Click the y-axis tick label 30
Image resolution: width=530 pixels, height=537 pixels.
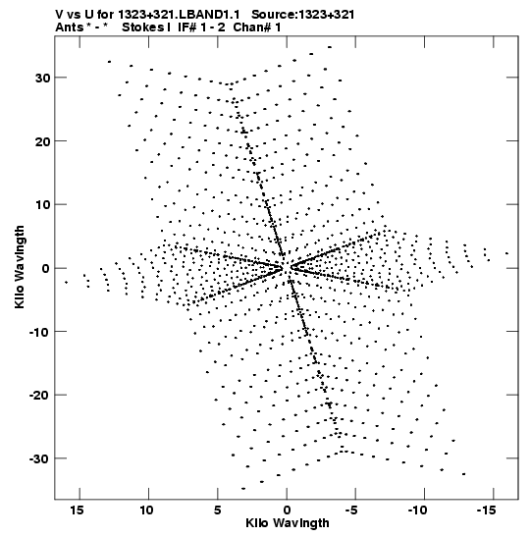(42, 79)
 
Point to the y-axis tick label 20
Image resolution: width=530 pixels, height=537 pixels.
(42, 141)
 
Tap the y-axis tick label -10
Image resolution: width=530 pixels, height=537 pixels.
(39, 332)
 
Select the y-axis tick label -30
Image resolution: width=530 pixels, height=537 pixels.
(39, 458)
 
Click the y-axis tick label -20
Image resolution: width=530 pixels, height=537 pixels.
(39, 396)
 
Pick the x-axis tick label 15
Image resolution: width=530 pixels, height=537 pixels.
(78, 510)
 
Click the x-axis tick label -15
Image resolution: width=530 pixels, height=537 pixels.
(487, 510)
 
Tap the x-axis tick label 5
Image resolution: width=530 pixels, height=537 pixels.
(218, 510)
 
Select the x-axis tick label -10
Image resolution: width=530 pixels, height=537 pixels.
(418, 510)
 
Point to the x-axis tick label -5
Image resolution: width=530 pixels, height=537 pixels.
(351, 510)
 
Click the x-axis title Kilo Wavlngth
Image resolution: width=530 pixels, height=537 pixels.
(288, 524)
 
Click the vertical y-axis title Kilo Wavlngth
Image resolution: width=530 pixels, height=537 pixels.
(20, 267)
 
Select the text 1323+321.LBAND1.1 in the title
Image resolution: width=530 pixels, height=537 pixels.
(179, 15)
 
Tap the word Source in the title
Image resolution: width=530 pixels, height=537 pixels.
(274, 15)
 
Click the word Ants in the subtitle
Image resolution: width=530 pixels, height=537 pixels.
(70, 27)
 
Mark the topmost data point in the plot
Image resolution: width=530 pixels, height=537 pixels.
(330, 47)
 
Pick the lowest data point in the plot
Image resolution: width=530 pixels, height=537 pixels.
(243, 488)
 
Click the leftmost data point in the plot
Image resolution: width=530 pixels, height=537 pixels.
(66, 282)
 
